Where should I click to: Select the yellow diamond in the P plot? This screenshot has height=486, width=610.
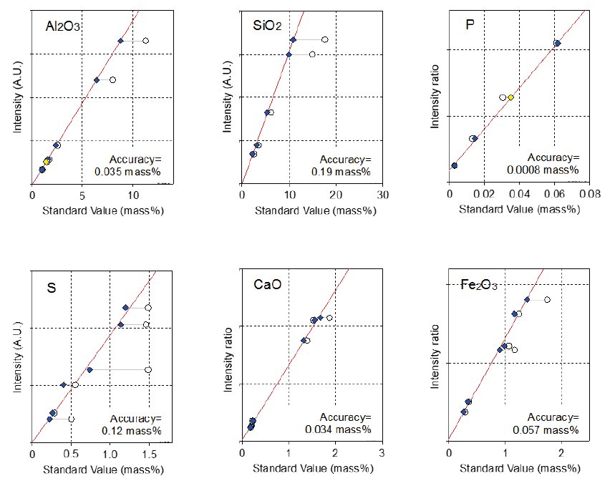[x=510, y=97]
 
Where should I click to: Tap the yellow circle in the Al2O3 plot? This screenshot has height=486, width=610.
[x=46, y=162]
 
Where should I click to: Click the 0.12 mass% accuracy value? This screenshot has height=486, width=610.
[x=132, y=430]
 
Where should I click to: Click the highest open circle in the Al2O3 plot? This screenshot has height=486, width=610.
[x=145, y=41]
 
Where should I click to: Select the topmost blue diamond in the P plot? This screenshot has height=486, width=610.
[x=557, y=44]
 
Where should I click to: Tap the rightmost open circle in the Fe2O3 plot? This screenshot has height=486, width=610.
[x=547, y=299]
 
